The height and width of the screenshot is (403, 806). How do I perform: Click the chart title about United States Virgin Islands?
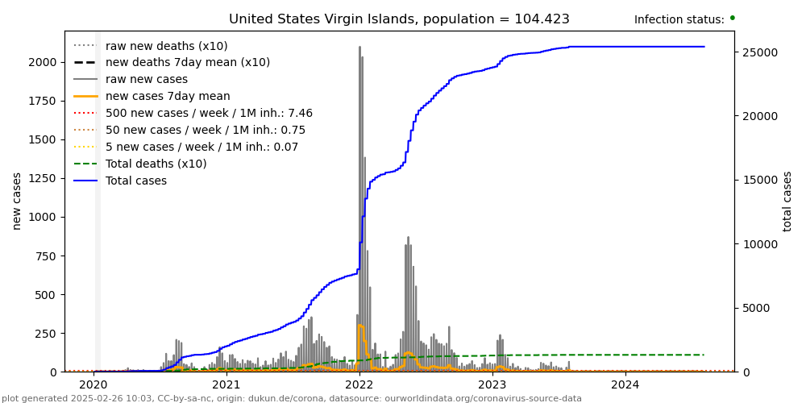coord(399,19)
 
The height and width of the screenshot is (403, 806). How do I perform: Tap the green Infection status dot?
coord(732,18)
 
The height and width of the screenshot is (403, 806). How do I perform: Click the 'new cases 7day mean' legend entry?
coord(167,96)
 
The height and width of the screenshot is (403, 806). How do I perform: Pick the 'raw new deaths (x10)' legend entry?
coord(166,46)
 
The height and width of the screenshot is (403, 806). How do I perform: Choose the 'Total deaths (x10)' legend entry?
coord(156,164)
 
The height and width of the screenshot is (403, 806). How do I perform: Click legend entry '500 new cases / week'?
coord(209,113)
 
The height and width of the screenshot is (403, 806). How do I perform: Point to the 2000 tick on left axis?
coord(45,62)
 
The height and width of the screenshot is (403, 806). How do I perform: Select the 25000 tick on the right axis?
coord(758,53)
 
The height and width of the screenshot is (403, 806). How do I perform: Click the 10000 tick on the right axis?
coord(758,244)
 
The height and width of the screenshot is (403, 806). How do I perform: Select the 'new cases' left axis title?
coord(17,201)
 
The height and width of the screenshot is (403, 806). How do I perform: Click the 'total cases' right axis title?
coord(787,201)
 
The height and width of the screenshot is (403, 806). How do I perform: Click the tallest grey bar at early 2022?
coord(359,209)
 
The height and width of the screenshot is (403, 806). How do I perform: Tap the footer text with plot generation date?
coord(291,398)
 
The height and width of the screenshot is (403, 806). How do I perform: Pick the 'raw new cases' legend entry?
coord(146,79)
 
